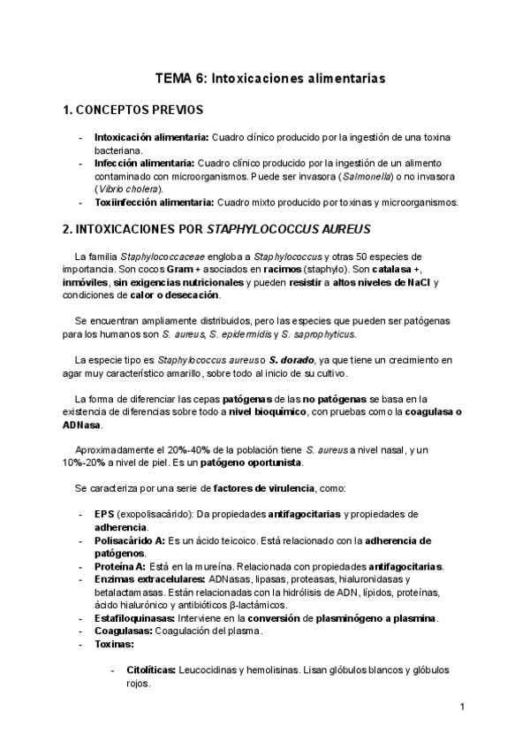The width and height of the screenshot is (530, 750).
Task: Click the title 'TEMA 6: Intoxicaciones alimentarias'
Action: click(270, 78)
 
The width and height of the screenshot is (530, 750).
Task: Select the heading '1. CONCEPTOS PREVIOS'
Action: click(133, 111)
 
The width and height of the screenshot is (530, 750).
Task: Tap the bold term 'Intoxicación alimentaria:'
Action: click(150, 138)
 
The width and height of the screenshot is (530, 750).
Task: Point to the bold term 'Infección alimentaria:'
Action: click(144, 164)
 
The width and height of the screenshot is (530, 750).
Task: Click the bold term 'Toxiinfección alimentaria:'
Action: click(154, 202)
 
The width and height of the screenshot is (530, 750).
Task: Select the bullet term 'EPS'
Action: click(104, 514)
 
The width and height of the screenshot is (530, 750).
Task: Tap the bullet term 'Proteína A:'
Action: click(125, 566)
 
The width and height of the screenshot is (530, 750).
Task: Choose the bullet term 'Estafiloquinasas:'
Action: click(138, 617)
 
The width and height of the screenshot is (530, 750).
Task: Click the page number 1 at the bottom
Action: click(462, 708)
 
